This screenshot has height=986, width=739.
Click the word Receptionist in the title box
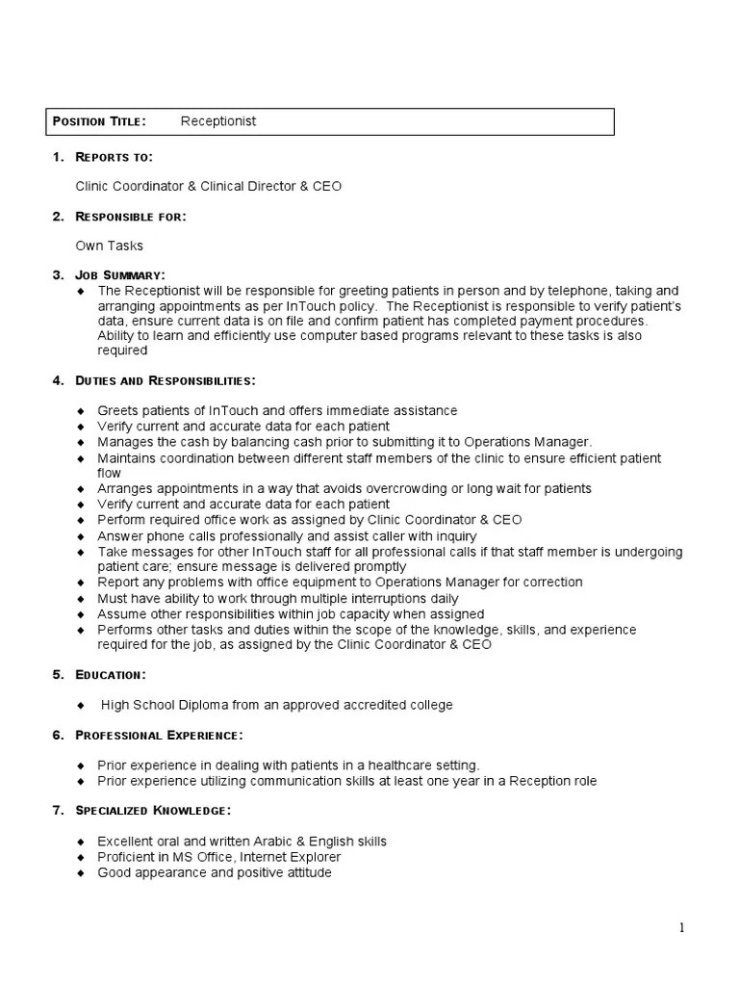pos(218,121)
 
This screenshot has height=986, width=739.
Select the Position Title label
pos(99,121)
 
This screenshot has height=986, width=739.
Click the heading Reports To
pos(115,157)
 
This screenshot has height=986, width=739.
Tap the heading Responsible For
pos(131,217)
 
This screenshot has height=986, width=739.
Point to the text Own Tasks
pos(110,246)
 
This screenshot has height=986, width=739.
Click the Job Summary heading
pos(120,275)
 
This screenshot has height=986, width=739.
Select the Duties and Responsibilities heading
pos(166,380)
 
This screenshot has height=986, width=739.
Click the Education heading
pos(111,675)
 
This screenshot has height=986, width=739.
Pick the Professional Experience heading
pos(159,736)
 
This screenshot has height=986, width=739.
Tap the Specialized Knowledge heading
pos(153,812)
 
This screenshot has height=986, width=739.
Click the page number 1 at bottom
pos(682,928)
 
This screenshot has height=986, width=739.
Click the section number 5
pos(57,675)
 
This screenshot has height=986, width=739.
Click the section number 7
pos(57,812)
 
